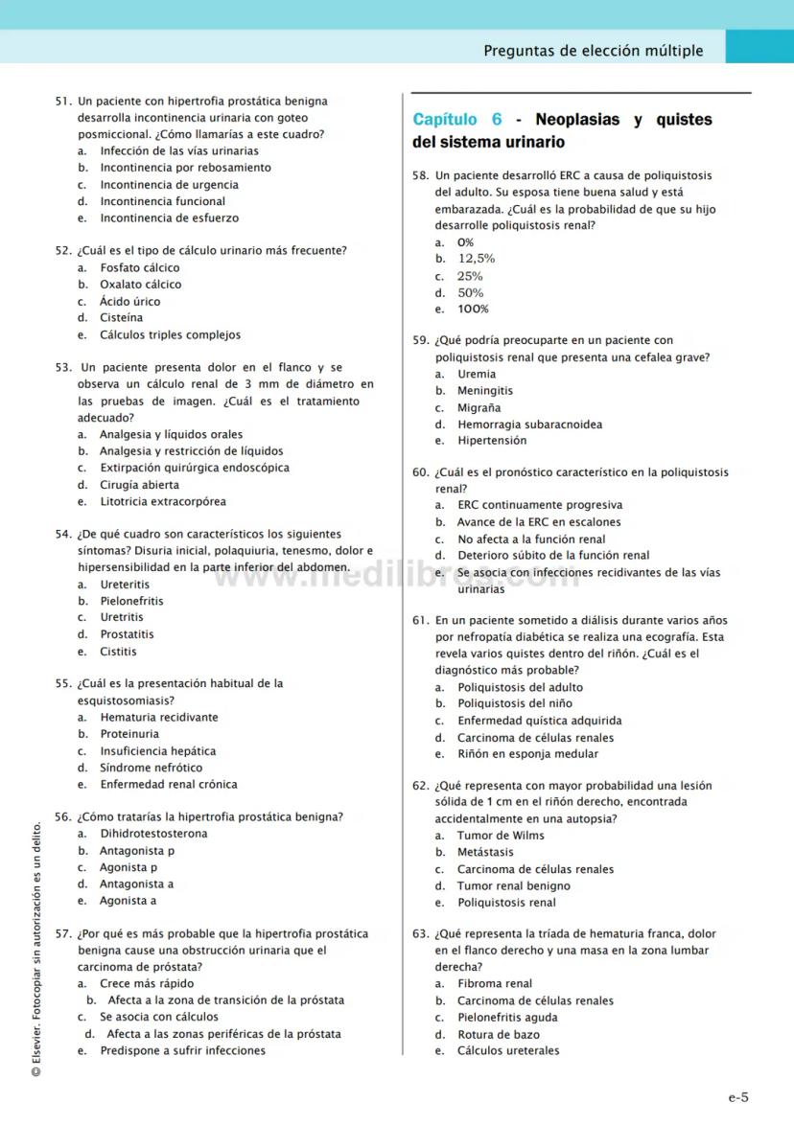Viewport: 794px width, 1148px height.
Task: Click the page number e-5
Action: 737,1098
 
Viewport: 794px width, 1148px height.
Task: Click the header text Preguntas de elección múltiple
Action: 593,51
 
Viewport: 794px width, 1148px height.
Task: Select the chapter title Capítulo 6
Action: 457,120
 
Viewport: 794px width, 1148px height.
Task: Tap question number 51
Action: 63,101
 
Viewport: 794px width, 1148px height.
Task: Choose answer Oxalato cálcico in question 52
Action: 140,285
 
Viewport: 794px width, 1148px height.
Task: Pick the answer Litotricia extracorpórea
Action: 163,501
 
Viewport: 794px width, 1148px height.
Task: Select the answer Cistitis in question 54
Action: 118,652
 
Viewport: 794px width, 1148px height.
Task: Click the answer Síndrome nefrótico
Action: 151,768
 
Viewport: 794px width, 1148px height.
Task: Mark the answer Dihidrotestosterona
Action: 153,834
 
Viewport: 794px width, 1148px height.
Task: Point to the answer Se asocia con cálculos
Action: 158,1017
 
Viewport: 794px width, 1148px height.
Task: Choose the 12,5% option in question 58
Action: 476,259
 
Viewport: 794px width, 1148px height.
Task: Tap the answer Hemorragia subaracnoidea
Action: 529,425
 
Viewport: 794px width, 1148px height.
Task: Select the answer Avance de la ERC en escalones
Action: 539,522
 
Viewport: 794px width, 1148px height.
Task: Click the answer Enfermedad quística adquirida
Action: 539,721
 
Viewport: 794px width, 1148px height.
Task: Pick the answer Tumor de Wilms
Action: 501,836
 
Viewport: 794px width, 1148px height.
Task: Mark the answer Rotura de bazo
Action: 498,1034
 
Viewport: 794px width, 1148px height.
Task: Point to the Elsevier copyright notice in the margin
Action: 35,949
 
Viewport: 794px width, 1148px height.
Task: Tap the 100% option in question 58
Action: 473,310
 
